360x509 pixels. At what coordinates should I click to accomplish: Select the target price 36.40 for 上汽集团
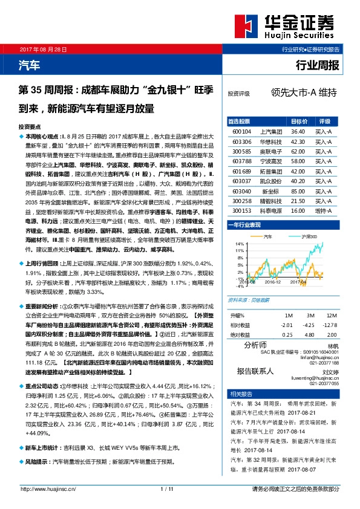tap(297, 131)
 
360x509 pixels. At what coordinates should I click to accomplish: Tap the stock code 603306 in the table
tap(241, 141)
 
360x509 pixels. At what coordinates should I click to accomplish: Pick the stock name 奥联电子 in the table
tap(269, 151)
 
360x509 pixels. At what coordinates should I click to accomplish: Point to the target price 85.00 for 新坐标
tap(297, 192)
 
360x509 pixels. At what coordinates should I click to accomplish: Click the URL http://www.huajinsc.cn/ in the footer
tap(48, 488)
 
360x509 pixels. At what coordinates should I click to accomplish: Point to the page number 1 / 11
tap(168, 488)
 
